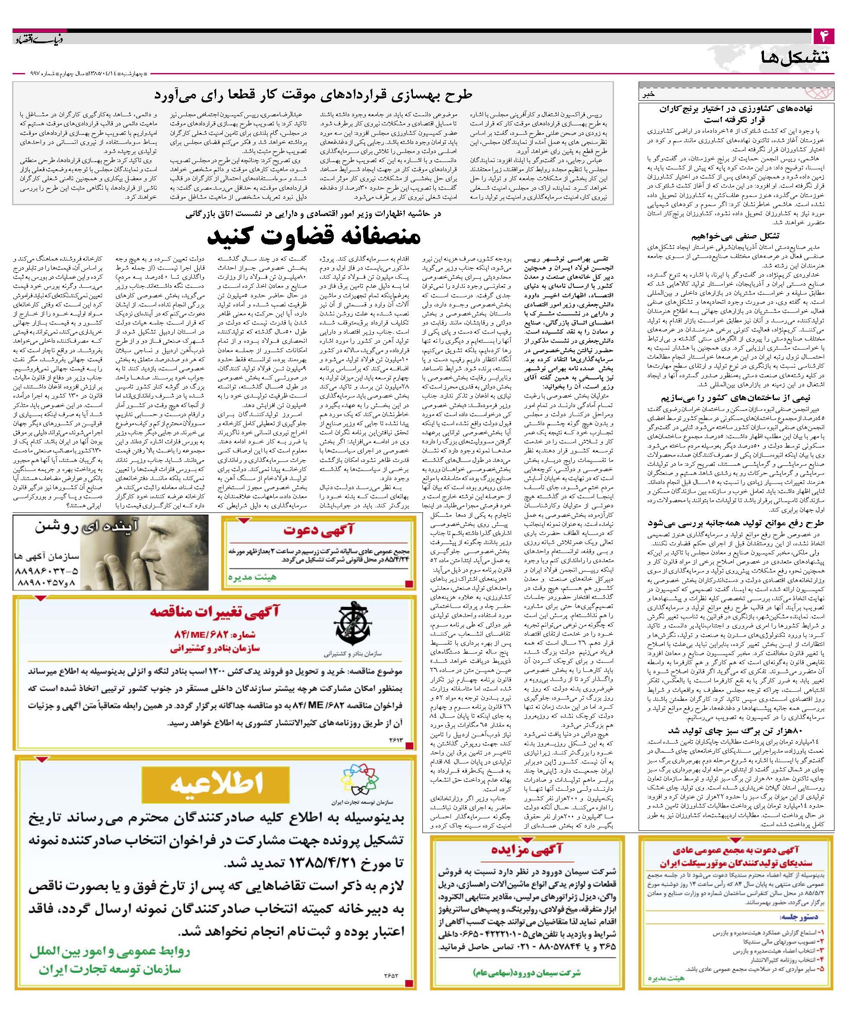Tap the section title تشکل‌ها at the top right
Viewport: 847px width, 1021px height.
point(794,57)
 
